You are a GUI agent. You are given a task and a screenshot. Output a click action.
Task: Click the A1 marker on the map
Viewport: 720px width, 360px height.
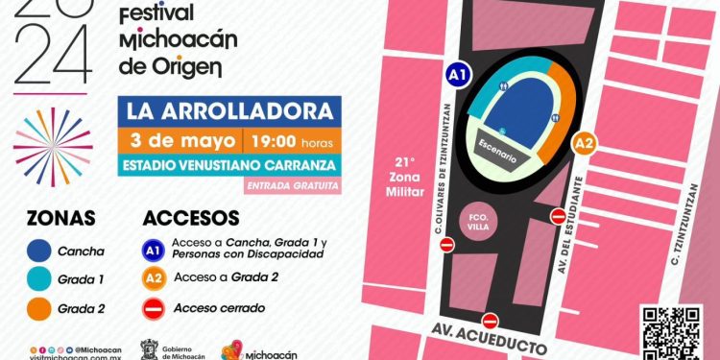(x=459, y=75)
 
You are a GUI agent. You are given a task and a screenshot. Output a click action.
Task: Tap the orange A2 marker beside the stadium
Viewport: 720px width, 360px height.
(x=584, y=144)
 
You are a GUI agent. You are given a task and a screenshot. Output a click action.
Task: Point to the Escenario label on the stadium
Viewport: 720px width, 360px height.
(x=500, y=145)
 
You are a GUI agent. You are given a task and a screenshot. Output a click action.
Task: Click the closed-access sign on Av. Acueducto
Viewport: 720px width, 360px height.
(x=491, y=320)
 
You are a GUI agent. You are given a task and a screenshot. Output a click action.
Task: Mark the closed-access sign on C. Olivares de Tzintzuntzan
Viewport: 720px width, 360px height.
(x=446, y=247)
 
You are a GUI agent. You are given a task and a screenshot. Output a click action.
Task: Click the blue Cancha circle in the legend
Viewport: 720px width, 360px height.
(x=38, y=252)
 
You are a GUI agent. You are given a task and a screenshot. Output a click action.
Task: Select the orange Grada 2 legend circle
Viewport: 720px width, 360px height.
(x=38, y=308)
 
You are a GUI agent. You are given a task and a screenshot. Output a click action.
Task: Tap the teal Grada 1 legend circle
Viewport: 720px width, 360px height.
(x=38, y=280)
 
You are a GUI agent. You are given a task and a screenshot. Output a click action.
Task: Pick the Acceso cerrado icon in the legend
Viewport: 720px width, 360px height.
(x=152, y=308)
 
